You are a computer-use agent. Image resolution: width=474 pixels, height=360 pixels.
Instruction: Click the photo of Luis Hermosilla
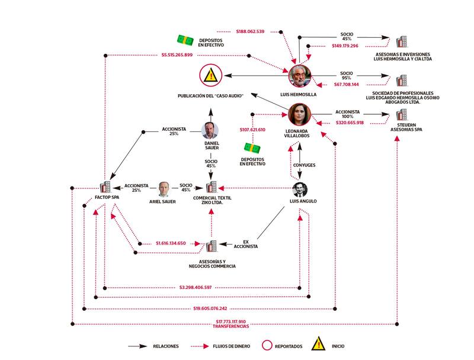coord(299,76)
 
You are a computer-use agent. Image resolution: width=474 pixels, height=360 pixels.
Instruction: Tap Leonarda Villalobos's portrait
coord(300,115)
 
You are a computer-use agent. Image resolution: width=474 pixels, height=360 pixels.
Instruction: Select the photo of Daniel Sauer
coord(210,130)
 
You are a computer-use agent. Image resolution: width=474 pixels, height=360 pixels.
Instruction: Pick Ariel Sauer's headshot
coord(164,189)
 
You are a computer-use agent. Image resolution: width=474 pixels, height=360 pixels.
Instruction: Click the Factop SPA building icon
coord(106,188)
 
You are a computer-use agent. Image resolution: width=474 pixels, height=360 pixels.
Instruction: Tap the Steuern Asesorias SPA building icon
coord(402,114)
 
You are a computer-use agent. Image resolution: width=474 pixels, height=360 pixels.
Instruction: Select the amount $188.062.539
coord(250,31)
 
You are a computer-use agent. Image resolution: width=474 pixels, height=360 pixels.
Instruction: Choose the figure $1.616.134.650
coord(171,243)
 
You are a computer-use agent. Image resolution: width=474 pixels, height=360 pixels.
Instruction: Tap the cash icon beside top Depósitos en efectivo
coord(185,40)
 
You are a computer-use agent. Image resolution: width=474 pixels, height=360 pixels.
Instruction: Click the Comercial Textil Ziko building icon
coord(212,187)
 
